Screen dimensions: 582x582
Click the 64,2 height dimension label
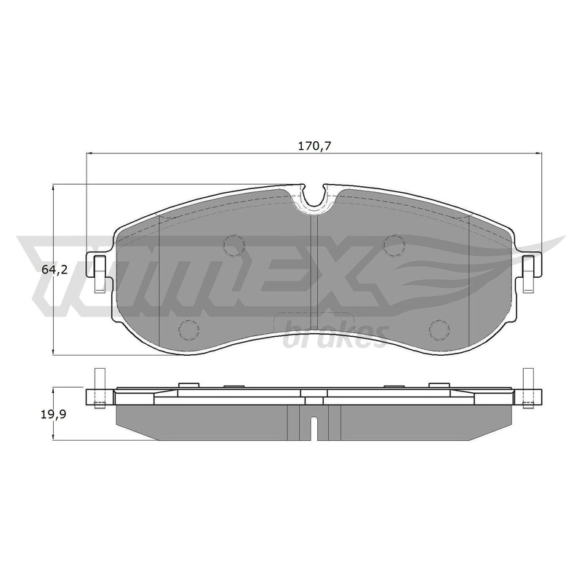pyautogui.click(x=54, y=270)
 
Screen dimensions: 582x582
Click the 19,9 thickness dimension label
pyautogui.click(x=53, y=414)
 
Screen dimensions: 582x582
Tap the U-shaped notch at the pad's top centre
pyautogui.click(x=314, y=196)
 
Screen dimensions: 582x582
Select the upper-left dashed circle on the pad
pyautogui.click(x=234, y=245)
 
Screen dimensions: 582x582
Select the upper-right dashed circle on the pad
pyautogui.click(x=394, y=245)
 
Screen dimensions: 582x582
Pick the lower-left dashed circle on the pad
pyautogui.click(x=189, y=329)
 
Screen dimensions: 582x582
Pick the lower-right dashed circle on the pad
pyautogui.click(x=439, y=329)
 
